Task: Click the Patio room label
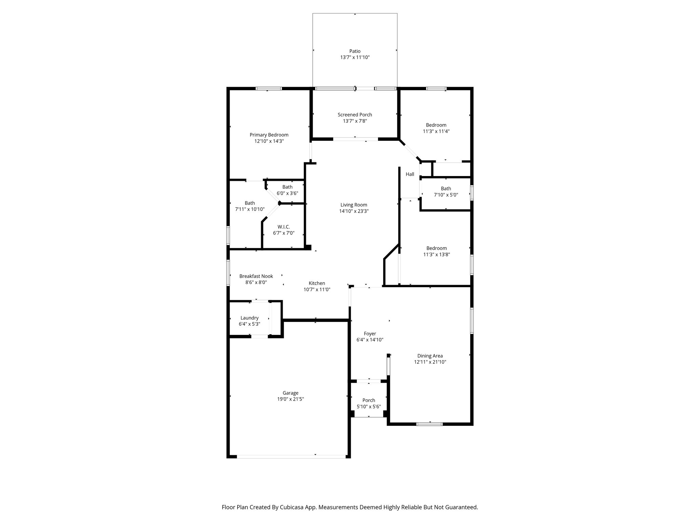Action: pyautogui.click(x=355, y=51)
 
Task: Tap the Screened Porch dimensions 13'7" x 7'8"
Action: pyautogui.click(x=355, y=121)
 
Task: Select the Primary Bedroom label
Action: pyautogui.click(x=269, y=135)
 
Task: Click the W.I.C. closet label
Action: pyautogui.click(x=284, y=227)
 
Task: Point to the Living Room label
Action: pyautogui.click(x=354, y=205)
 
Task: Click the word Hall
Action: pyautogui.click(x=410, y=174)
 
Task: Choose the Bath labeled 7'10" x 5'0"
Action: pyautogui.click(x=446, y=192)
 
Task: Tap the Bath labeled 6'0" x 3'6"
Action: pyautogui.click(x=287, y=190)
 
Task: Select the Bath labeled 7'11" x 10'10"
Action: pyautogui.click(x=250, y=206)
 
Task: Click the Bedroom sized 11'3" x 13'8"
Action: pyautogui.click(x=436, y=251)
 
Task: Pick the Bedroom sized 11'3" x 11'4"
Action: pyautogui.click(x=436, y=128)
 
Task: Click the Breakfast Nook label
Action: pyautogui.click(x=256, y=276)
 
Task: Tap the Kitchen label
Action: pyautogui.click(x=317, y=283)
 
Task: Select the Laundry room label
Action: pyautogui.click(x=250, y=318)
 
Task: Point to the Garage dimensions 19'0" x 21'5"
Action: pyautogui.click(x=291, y=399)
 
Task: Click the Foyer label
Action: pyautogui.click(x=370, y=334)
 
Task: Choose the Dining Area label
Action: pyautogui.click(x=430, y=356)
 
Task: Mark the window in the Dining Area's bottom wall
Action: pyautogui.click(x=430, y=424)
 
